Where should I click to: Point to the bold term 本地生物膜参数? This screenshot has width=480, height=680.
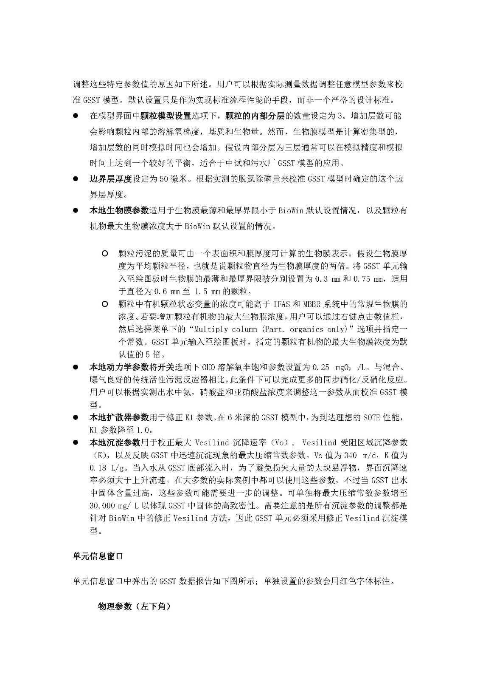tap(119, 210)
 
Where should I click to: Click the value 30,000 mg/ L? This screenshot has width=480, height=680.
tap(115, 506)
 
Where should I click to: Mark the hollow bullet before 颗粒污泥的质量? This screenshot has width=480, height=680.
tap(105, 254)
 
